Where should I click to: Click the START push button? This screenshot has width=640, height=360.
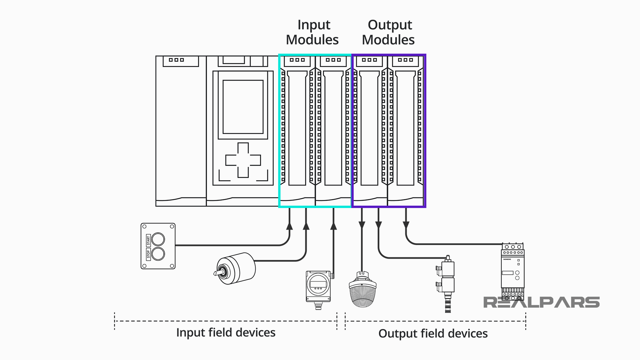(158, 239)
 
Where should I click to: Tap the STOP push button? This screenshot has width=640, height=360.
(158, 254)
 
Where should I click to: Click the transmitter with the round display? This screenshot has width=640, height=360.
(318, 285)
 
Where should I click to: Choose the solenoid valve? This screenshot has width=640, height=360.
(447, 283)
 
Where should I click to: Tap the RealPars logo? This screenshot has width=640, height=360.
(541, 302)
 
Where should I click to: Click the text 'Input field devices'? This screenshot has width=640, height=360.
(226, 333)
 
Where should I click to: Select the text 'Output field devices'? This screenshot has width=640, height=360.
(433, 334)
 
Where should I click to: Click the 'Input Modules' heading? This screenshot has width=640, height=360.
(312, 32)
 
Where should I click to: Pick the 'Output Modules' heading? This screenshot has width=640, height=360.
(389, 32)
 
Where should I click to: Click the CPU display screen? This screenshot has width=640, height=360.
(243, 107)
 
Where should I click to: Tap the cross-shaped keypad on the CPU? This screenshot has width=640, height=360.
(243, 160)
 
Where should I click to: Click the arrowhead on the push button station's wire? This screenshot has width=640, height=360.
(289, 226)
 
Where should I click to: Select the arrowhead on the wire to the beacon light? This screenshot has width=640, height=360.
(362, 225)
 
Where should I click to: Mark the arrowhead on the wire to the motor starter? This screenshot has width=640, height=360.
(406, 225)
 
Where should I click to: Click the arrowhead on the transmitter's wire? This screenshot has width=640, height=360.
(333, 226)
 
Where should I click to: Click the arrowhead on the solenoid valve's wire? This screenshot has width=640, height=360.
(378, 225)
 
